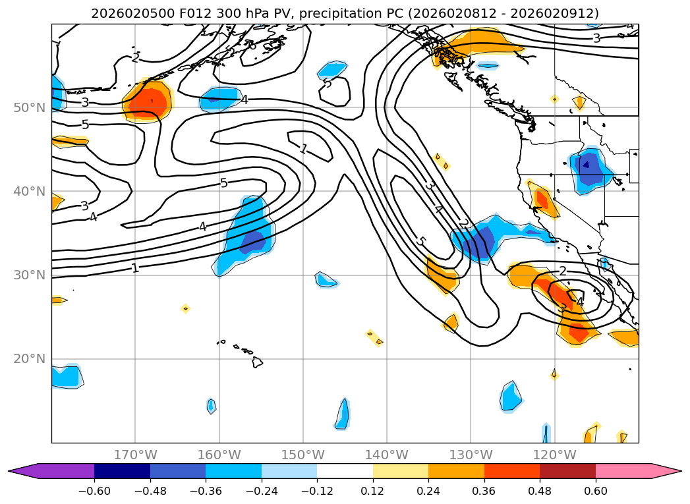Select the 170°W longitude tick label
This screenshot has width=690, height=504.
(135, 455)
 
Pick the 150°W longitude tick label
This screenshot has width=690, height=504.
(303, 455)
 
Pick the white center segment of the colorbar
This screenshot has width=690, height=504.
(345, 470)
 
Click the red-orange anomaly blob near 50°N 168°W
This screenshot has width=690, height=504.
(149, 102)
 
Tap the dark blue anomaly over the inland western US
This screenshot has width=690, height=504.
(589, 168)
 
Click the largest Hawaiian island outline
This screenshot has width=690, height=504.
(257, 362)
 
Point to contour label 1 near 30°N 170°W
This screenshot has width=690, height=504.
(135, 267)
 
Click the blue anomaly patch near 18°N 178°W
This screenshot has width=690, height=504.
(66, 376)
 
